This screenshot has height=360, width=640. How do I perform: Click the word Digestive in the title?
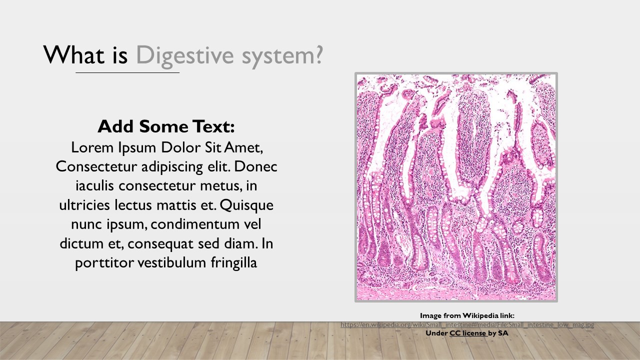(x=186, y=56)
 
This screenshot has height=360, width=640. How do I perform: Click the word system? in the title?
(x=282, y=56)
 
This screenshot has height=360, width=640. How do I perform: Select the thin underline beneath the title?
(x=127, y=73)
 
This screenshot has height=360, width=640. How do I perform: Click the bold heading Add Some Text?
(x=166, y=126)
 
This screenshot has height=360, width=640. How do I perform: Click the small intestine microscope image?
(x=456, y=187)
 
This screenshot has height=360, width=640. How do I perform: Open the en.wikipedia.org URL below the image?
(x=467, y=324)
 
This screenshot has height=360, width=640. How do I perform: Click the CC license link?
(x=468, y=332)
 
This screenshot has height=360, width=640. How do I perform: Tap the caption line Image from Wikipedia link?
(x=467, y=315)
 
